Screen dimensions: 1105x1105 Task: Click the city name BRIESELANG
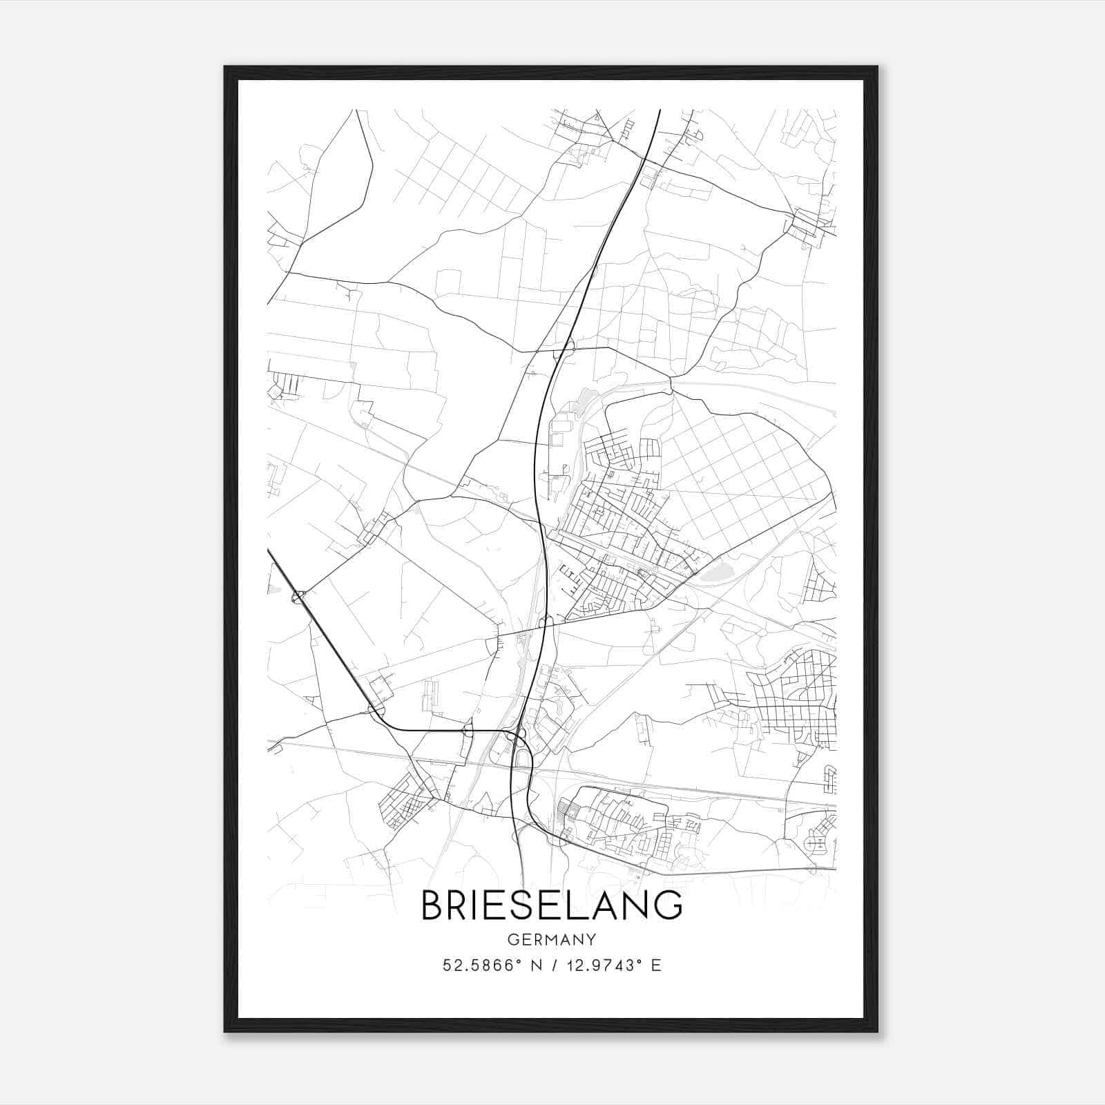coord(552,905)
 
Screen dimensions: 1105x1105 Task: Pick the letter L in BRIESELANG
coord(580,905)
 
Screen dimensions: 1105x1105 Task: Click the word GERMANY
coord(552,940)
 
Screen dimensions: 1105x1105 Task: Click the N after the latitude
coord(532,965)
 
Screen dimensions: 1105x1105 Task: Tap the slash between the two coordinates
coord(550,965)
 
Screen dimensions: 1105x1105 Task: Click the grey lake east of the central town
coord(715,571)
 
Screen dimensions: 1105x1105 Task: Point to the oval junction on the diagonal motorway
coord(299,596)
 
